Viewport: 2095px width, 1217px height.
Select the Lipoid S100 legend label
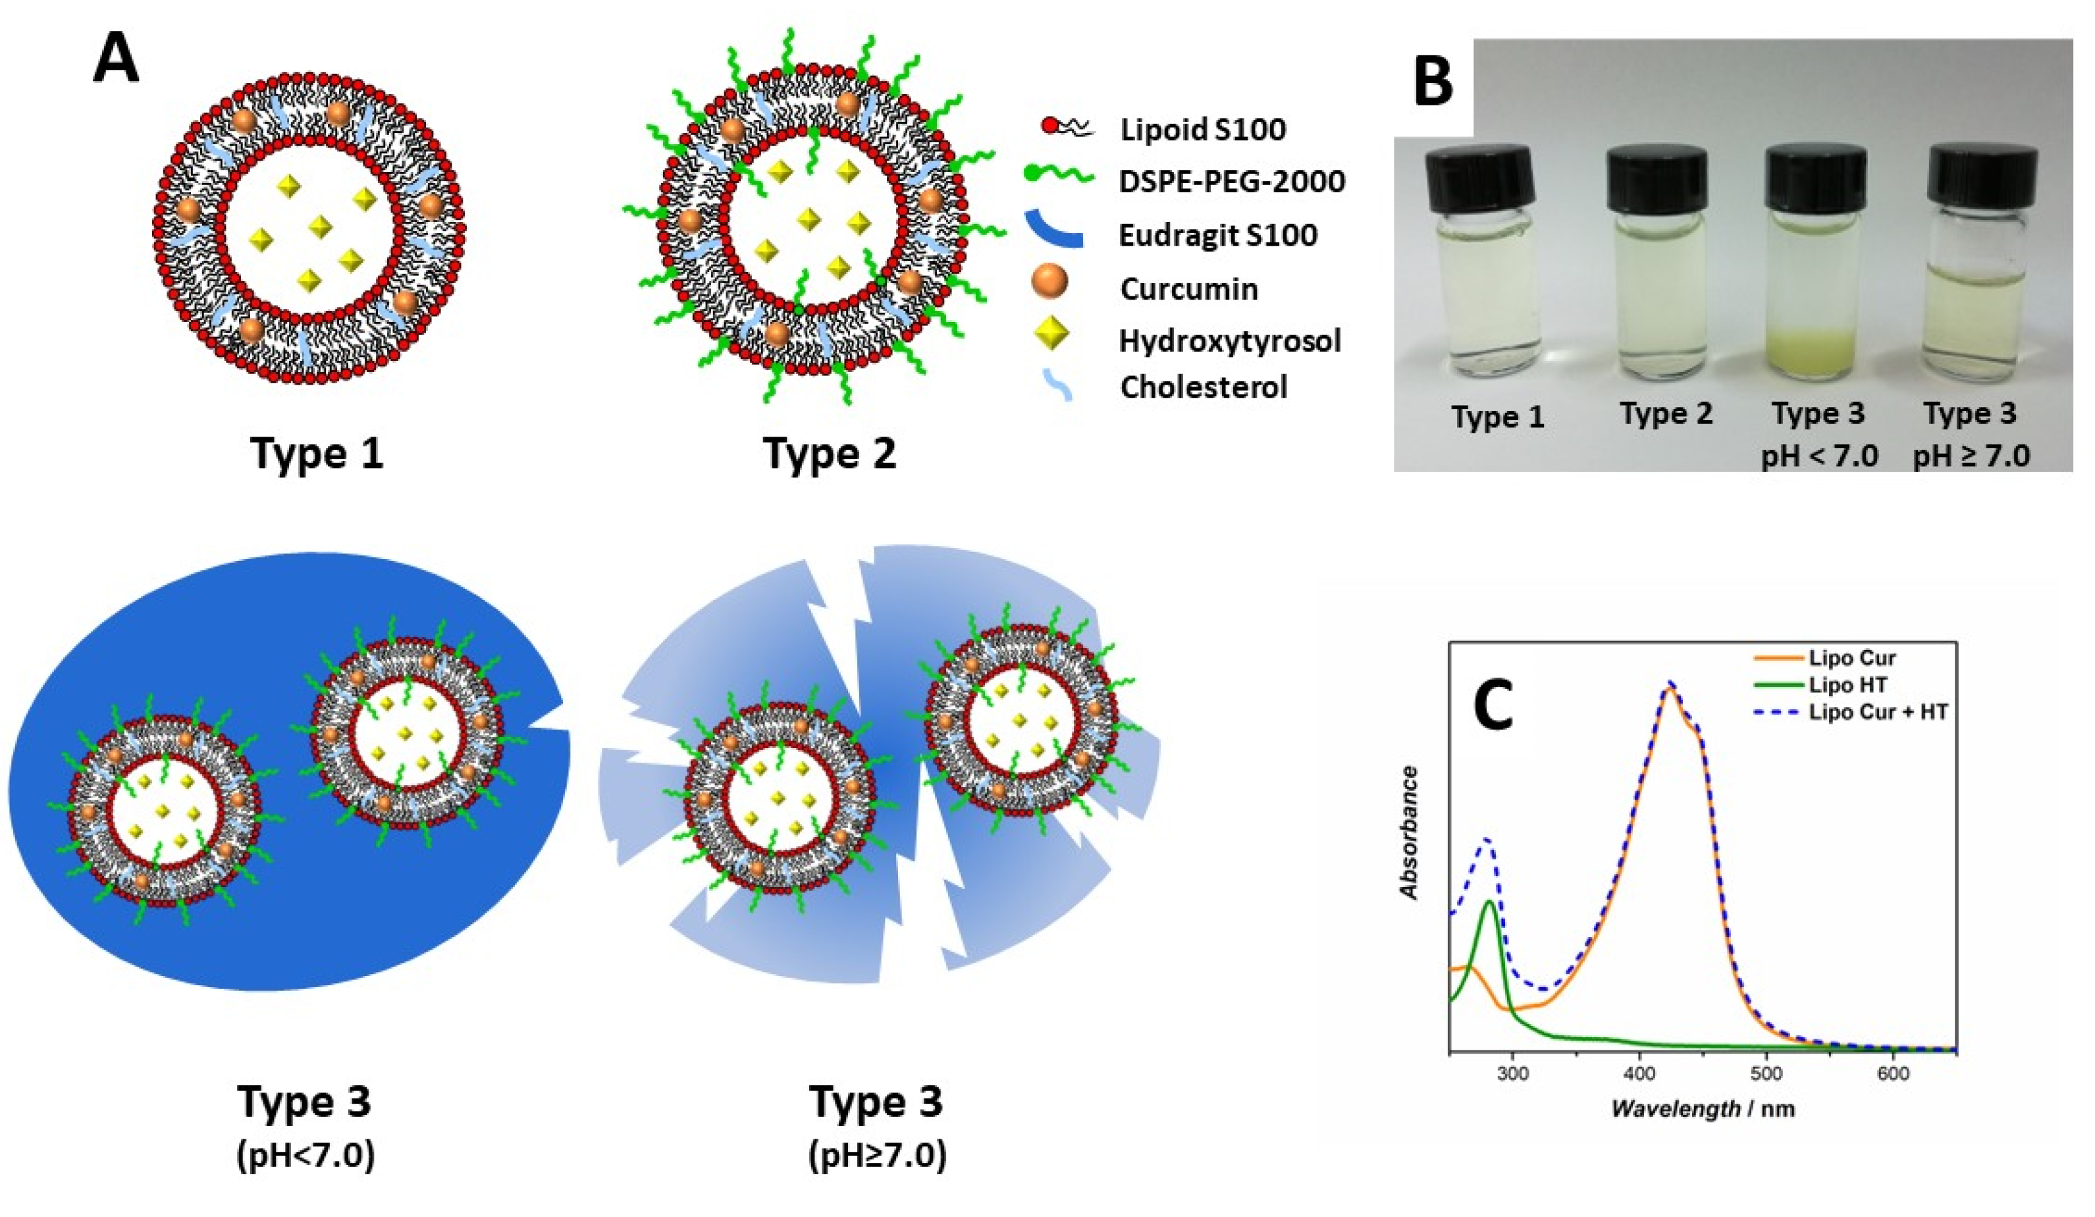point(1202,130)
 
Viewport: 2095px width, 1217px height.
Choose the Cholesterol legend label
point(1203,387)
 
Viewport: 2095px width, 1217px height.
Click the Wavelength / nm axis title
point(1703,1109)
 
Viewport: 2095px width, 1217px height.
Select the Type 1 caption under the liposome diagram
point(317,454)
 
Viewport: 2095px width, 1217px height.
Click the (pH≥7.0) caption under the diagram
point(877,1156)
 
